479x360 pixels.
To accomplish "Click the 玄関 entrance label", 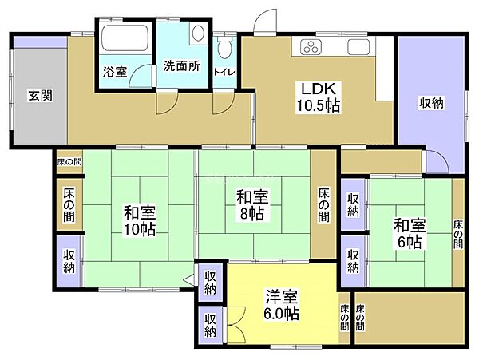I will click(x=41, y=96).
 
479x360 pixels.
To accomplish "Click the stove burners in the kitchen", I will click(x=310, y=47).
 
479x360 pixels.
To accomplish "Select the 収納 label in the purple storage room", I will click(x=432, y=102).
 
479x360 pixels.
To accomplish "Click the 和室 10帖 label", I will click(x=140, y=220).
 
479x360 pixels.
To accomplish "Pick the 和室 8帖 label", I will click(x=251, y=204).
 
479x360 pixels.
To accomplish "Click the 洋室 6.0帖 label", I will click(x=283, y=306).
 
